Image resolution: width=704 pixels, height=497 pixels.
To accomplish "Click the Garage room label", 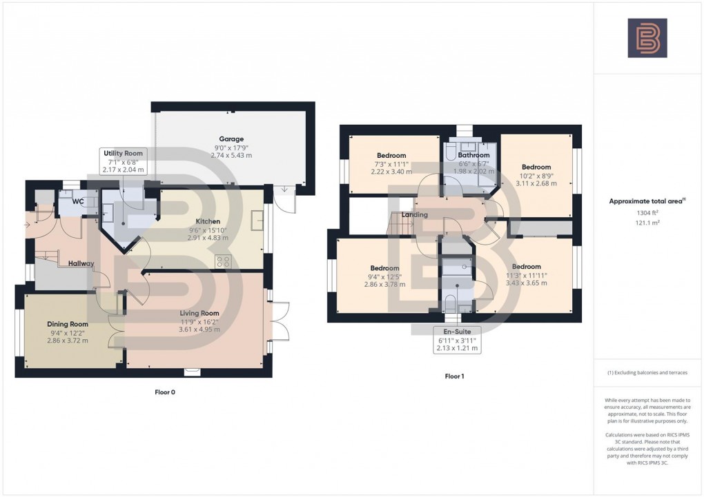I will [231, 139].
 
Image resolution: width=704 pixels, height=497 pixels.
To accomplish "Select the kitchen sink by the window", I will [256, 221].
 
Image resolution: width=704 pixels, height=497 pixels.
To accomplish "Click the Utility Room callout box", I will [124, 161].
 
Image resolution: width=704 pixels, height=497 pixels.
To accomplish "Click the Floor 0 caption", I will [164, 392].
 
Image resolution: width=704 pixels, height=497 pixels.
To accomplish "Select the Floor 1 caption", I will [455, 376].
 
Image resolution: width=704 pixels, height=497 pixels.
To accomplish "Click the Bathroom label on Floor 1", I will [473, 155].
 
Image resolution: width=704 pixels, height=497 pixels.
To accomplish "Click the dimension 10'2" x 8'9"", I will [536, 175].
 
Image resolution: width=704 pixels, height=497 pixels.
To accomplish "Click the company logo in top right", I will [647, 38].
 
